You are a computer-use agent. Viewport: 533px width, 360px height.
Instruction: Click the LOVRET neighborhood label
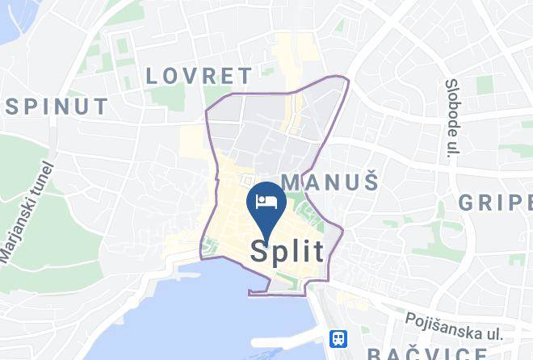coord(199,76)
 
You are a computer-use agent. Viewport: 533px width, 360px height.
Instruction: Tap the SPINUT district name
coord(57,106)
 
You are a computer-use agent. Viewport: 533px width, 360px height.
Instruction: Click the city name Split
coord(287,250)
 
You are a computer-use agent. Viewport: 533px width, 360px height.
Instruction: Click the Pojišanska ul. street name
coord(455,327)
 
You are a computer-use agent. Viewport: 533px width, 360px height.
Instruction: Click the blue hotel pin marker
coord(266,203)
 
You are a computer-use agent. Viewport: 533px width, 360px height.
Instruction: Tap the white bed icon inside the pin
coord(266,201)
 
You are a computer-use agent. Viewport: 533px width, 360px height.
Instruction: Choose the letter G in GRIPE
coord(468,202)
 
